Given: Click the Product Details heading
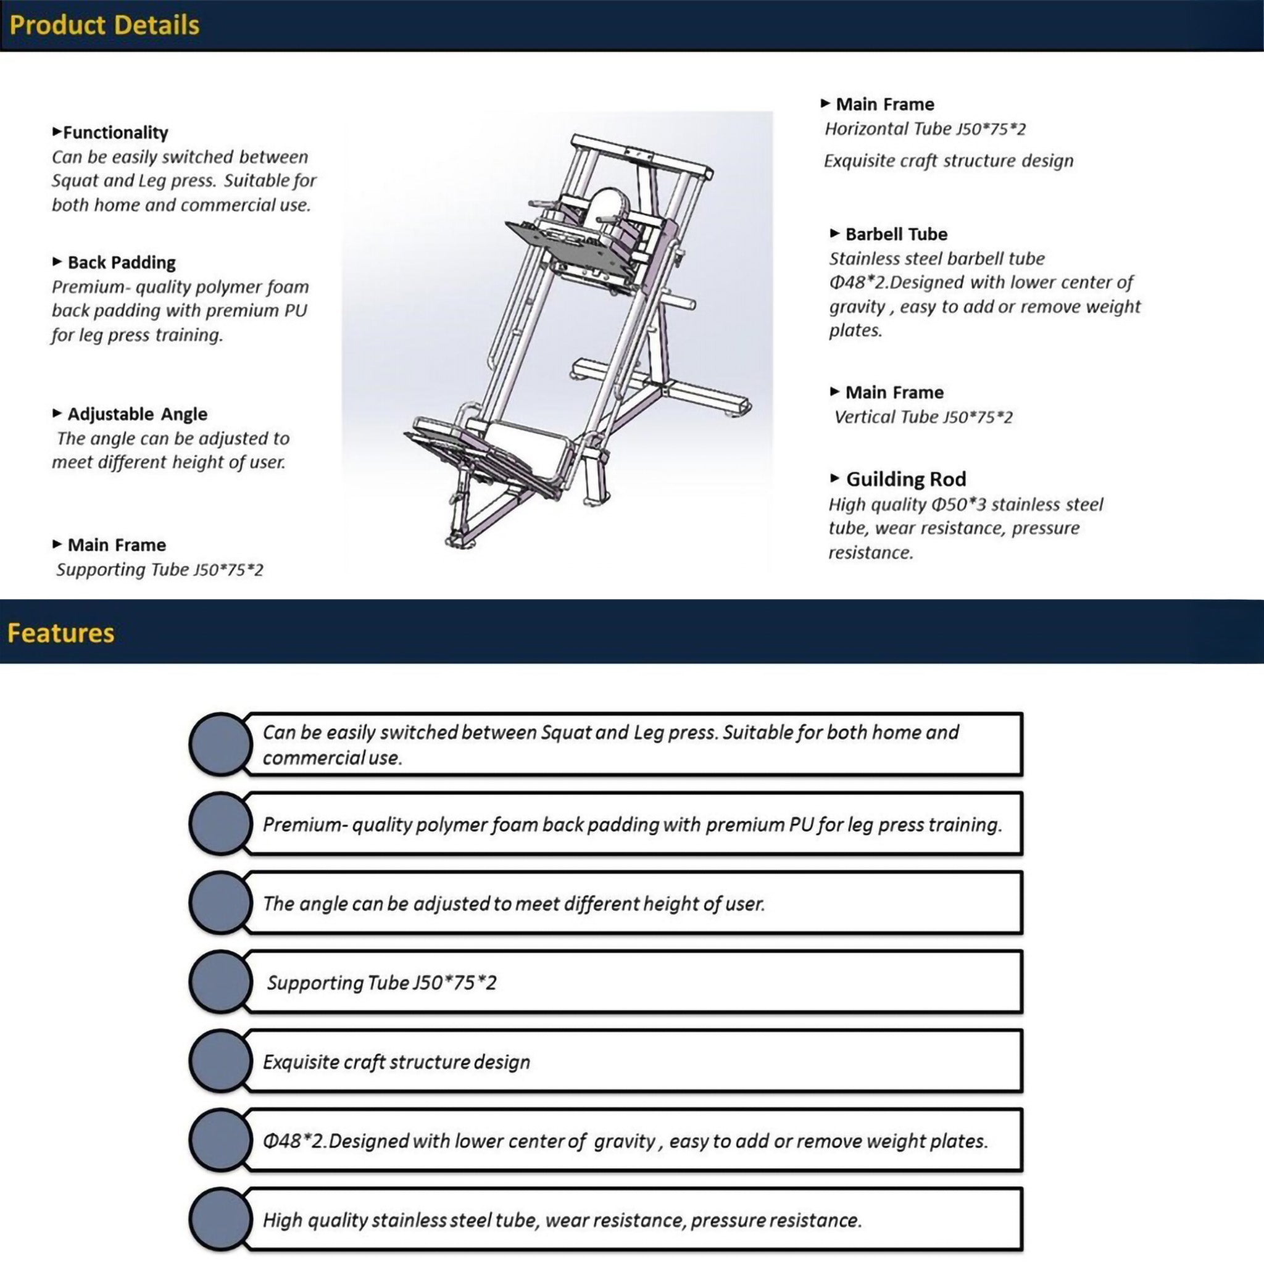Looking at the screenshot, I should click(104, 25).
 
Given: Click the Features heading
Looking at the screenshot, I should click(61, 633).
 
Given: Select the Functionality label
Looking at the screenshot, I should click(115, 133).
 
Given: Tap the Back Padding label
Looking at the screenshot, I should click(122, 262).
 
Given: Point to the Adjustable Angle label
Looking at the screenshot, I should click(138, 414).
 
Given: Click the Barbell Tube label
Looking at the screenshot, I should click(896, 234).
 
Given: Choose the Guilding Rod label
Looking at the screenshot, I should click(905, 479).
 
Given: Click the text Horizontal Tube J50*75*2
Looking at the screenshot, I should click(925, 129).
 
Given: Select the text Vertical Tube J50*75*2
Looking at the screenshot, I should click(923, 417).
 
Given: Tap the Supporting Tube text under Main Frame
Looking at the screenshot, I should click(160, 570).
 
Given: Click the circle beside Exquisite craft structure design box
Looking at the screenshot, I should click(220, 1061).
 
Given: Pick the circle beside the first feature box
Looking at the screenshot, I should click(220, 744).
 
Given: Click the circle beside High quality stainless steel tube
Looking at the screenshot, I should click(220, 1220).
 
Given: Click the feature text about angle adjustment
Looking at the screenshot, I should click(513, 904).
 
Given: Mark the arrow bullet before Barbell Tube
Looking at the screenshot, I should click(834, 233).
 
